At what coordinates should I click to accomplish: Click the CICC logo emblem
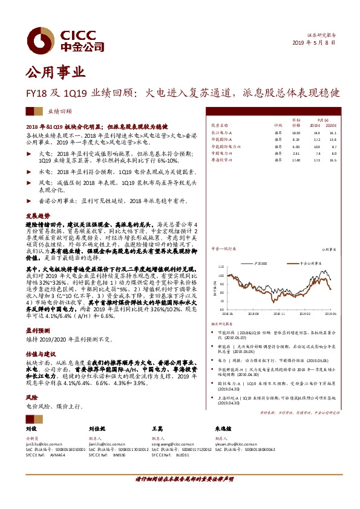click(x=40, y=38)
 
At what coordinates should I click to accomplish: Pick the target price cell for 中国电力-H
click(x=296, y=154)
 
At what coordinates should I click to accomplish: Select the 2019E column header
click(x=315, y=125)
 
